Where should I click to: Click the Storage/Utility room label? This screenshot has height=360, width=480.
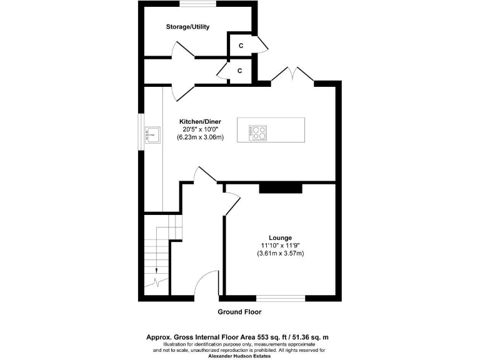[x=187, y=27]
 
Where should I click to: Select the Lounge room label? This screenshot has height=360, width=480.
[x=281, y=237]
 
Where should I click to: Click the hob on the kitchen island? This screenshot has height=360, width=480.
[x=257, y=132]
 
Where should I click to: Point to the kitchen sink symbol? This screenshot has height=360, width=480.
[x=151, y=133]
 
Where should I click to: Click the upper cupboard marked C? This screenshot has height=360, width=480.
[x=240, y=45]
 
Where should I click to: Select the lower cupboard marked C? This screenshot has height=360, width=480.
[x=240, y=71]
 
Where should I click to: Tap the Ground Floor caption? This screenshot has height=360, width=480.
[x=239, y=312]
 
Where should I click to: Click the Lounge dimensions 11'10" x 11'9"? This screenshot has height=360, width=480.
[x=281, y=246]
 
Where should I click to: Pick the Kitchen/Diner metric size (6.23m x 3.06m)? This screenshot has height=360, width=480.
[x=200, y=137]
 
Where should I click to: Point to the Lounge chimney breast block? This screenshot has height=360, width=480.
[x=281, y=188]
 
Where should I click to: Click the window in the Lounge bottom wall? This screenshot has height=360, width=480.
[x=281, y=297]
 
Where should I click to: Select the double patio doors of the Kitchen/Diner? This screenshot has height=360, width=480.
[x=292, y=76]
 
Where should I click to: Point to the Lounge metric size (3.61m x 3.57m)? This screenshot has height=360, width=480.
[x=281, y=254]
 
